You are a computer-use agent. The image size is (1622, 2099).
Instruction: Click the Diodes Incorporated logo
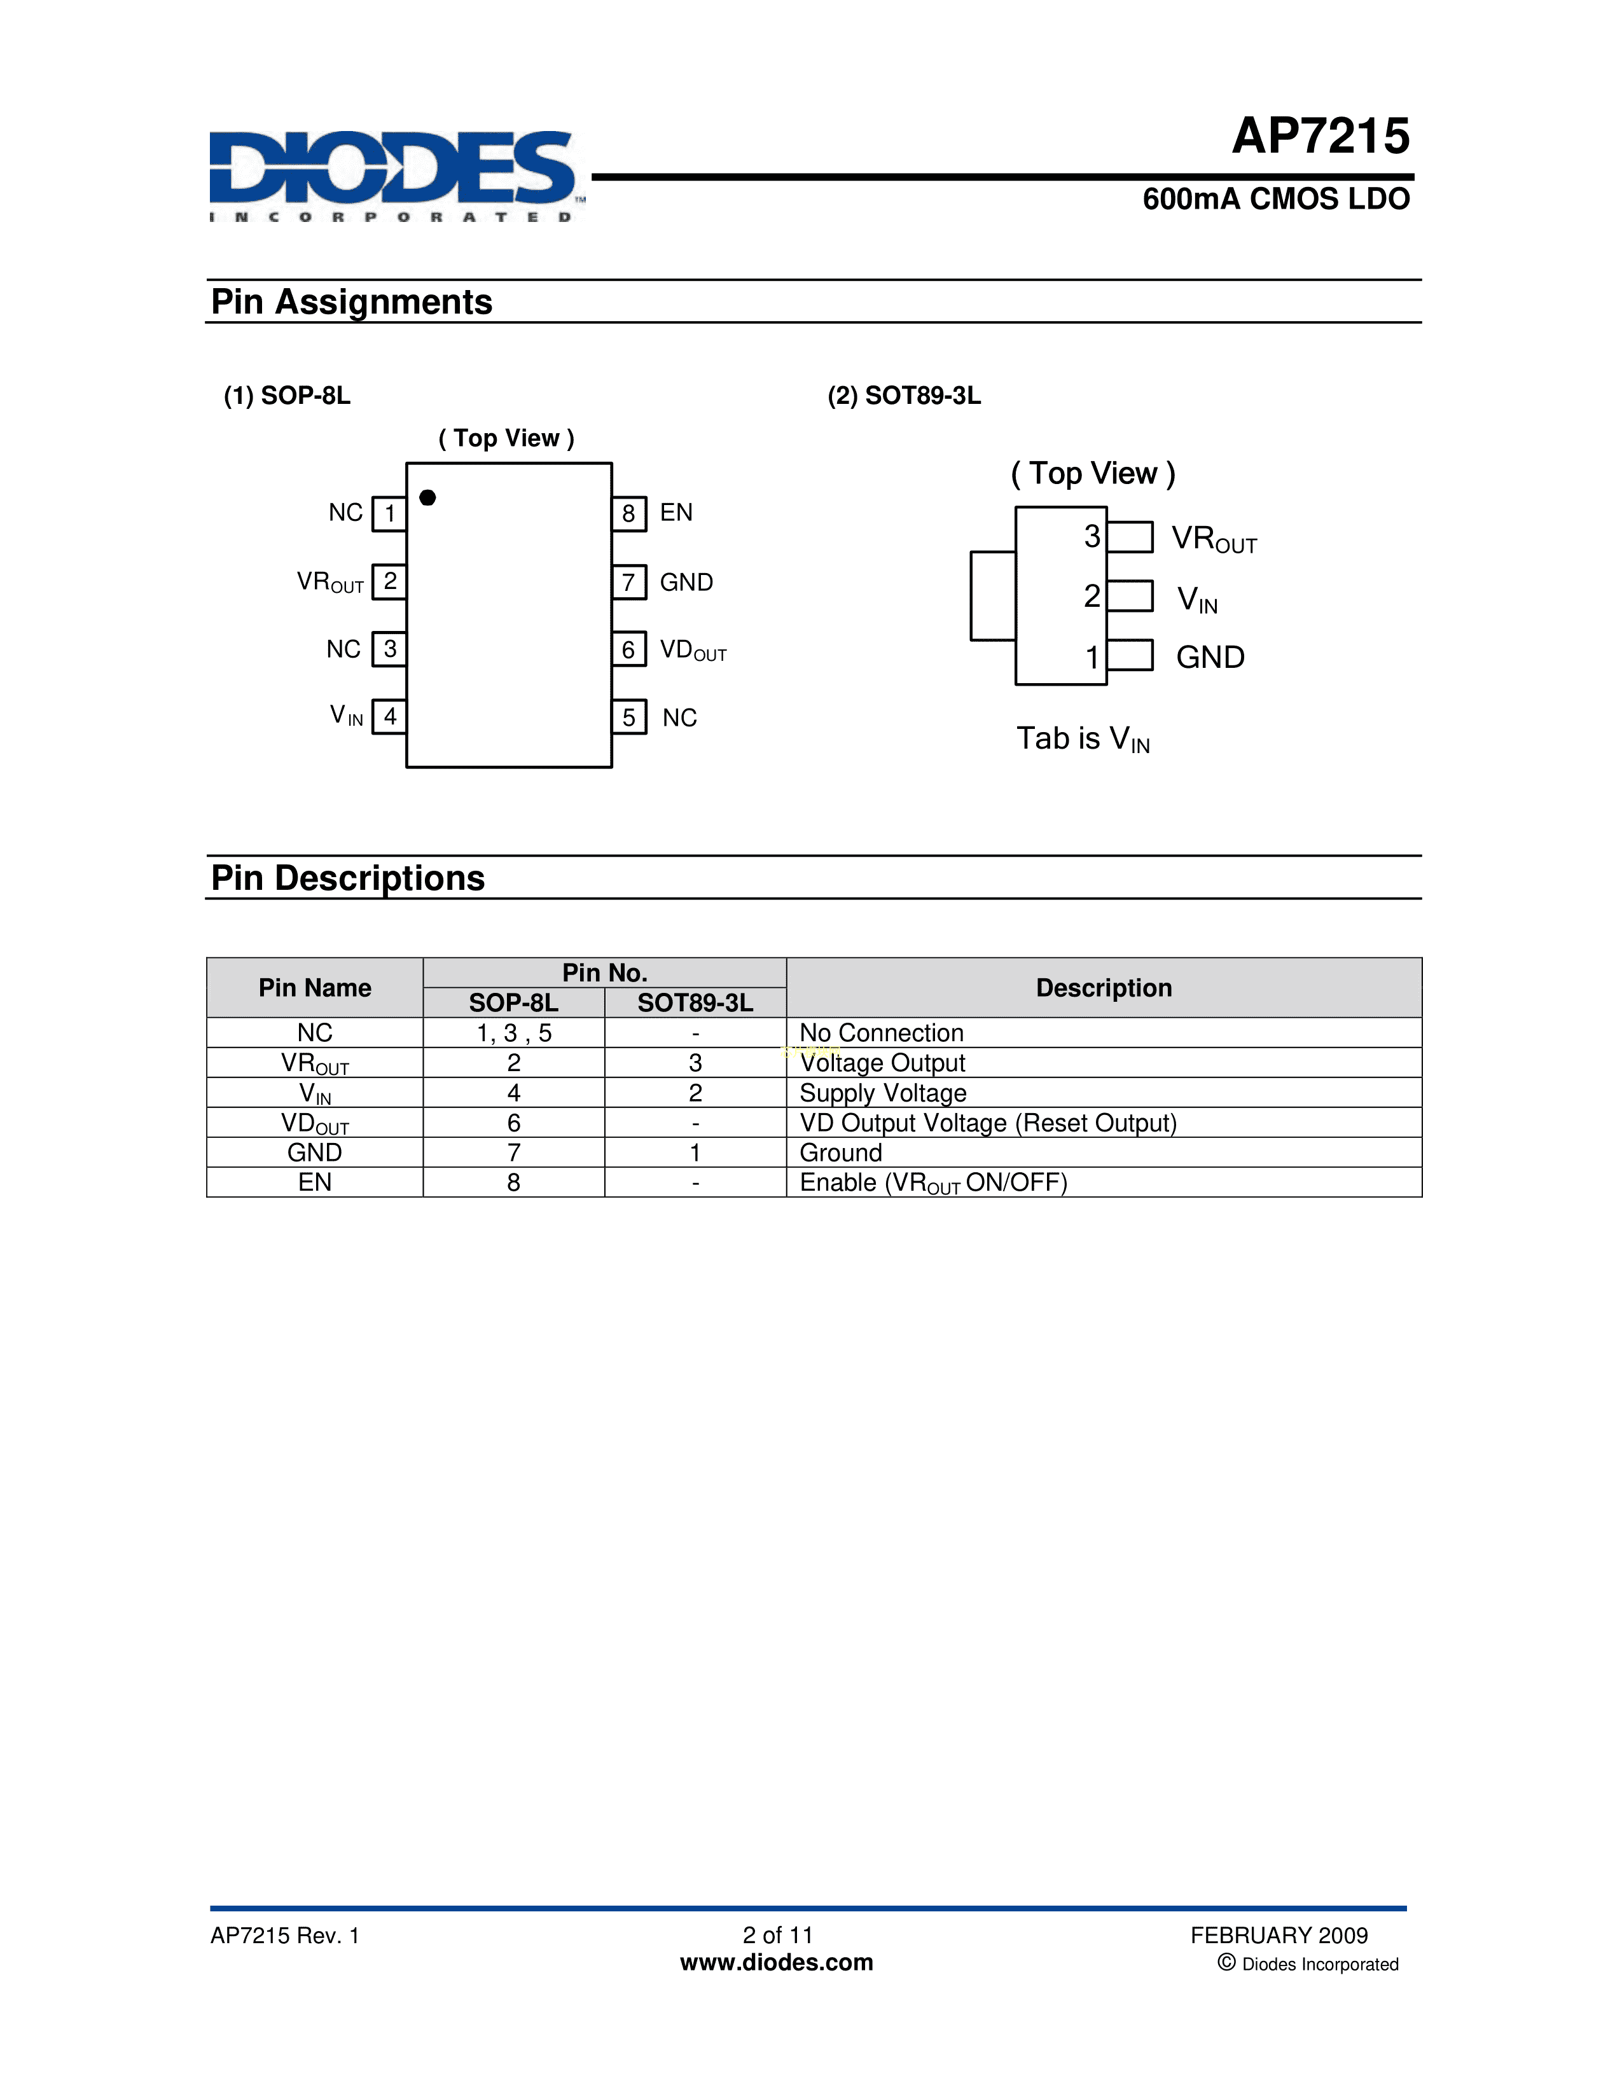coord(394,175)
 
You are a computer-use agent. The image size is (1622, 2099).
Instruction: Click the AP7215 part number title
coord(1320,137)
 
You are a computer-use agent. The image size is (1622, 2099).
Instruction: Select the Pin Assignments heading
coord(352,301)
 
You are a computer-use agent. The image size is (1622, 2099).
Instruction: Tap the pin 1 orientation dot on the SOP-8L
coord(427,497)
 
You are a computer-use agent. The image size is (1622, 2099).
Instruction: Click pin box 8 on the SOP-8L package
coord(628,513)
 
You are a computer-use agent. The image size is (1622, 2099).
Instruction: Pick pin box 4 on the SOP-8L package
coord(389,716)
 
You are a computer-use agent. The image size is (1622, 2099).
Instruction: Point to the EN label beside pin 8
coord(676,512)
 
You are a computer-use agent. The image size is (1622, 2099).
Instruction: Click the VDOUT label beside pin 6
coord(693,651)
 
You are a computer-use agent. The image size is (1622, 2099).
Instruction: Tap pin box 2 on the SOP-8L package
coord(389,581)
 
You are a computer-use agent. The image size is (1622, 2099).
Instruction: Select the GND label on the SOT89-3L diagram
coord(1210,658)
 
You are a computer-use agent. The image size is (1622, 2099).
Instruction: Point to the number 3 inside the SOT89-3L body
coord(1092,536)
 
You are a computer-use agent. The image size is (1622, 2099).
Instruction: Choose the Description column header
coord(1103,988)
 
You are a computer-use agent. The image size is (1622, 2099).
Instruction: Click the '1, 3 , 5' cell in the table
coord(514,1033)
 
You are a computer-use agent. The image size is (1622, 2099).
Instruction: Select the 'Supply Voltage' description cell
coord(883,1093)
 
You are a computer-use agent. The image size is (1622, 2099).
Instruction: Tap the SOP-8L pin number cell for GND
coord(514,1153)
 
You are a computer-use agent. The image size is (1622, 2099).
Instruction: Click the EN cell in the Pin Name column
coord(315,1182)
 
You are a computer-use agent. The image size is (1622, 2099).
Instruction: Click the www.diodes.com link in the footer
coord(777,1962)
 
